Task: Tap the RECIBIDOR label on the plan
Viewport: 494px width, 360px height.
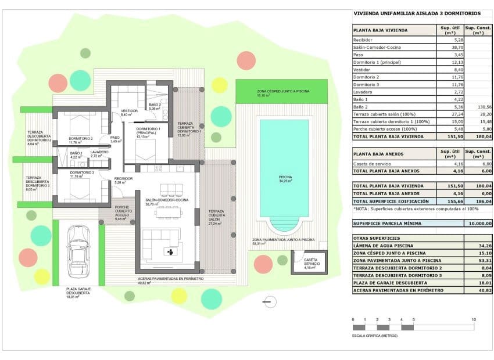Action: tap(123, 178)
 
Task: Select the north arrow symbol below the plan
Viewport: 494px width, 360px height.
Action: tap(267, 301)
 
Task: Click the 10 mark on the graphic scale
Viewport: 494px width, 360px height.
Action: tap(474, 320)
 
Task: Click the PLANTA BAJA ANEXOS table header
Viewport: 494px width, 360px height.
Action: tap(378, 154)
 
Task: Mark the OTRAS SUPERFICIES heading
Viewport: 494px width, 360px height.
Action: tap(377, 238)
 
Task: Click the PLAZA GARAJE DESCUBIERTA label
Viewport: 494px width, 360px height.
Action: tap(78, 291)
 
